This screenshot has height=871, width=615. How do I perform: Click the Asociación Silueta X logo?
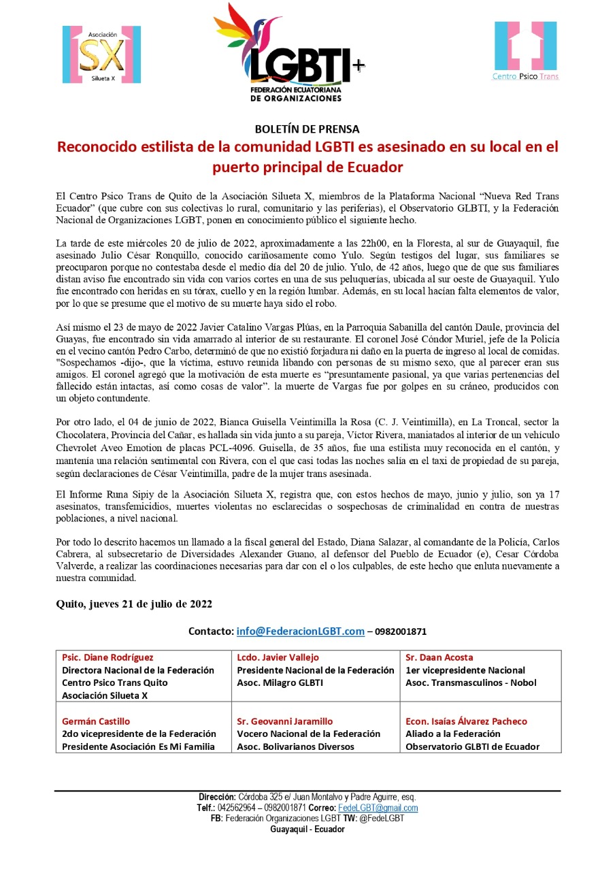(102, 54)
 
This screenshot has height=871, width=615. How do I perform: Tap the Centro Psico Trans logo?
(525, 51)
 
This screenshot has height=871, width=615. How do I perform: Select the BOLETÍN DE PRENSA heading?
(307, 129)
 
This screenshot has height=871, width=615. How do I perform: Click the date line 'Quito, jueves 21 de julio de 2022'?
(134, 604)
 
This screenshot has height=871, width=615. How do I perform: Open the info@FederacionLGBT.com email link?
(300, 631)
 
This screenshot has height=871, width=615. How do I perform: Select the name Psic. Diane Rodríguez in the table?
(107, 657)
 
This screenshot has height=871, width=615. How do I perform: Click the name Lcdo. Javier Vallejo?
(278, 657)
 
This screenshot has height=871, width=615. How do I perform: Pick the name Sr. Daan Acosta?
(439, 657)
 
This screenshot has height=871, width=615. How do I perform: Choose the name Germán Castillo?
(96, 721)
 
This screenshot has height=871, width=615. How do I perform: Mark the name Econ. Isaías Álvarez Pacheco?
(466, 721)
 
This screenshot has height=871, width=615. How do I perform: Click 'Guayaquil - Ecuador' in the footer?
(307, 829)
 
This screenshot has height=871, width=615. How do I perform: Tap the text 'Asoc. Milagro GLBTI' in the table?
(280, 683)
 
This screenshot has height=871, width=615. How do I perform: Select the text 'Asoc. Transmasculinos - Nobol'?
(471, 683)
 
